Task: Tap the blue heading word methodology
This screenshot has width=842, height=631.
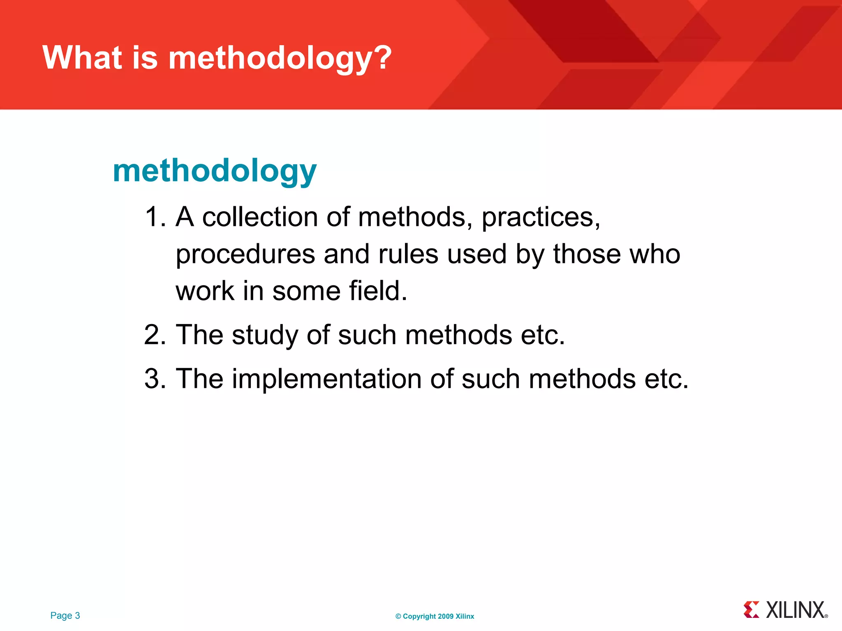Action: [215, 172]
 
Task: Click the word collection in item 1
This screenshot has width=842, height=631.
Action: [260, 217]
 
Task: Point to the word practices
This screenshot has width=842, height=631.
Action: [541, 218]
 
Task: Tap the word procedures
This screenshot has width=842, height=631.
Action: [245, 255]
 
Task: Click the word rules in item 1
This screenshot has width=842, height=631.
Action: [408, 254]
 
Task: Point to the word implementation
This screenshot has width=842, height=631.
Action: [326, 379]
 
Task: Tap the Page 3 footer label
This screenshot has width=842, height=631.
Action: [65, 615]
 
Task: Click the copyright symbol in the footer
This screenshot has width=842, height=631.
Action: [398, 616]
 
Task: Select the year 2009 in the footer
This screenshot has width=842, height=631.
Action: [446, 616]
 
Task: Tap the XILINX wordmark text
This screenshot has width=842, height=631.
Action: [796, 610]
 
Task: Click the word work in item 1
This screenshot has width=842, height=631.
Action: [205, 291]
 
